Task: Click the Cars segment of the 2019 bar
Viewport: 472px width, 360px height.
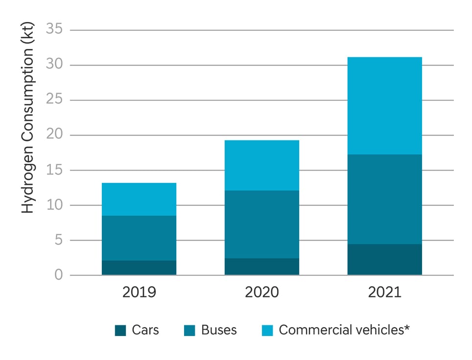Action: point(139,268)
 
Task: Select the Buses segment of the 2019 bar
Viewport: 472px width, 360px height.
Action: point(139,238)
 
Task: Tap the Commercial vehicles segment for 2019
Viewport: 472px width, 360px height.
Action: point(139,199)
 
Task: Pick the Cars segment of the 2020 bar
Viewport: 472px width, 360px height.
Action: point(262,267)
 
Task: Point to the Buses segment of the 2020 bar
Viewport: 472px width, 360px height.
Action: point(262,224)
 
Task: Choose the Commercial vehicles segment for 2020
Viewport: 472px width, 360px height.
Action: point(262,165)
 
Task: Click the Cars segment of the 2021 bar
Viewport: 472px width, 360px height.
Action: point(384,259)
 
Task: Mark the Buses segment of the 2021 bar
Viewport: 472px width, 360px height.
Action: point(384,199)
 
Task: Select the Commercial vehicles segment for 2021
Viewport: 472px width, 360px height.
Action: point(384,106)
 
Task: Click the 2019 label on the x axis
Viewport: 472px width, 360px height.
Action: point(139,292)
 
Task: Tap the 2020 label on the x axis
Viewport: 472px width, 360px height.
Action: point(262,292)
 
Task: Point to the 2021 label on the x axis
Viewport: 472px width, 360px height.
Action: point(384,292)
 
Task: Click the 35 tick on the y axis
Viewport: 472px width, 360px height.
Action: point(55,29)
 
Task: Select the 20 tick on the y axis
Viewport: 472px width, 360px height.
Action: point(55,135)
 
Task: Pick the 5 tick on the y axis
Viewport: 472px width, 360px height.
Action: point(59,240)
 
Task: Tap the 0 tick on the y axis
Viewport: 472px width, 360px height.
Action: point(59,275)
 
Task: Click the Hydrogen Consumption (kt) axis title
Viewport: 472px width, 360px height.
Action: point(28,122)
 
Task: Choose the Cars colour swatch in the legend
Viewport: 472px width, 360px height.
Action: point(120,330)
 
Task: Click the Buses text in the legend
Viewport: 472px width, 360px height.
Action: point(219,330)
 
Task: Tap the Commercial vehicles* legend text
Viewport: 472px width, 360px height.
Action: point(344,330)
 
